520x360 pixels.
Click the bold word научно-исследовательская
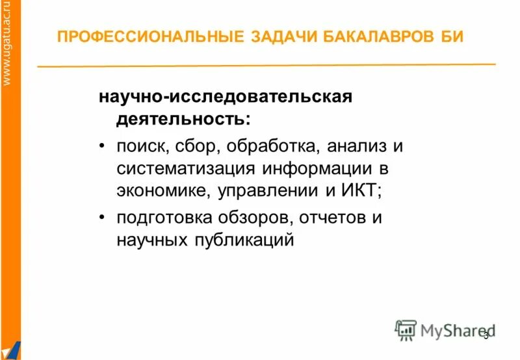tap(225, 97)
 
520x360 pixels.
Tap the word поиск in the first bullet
tap(140, 146)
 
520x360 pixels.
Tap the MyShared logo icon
tap(406, 331)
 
